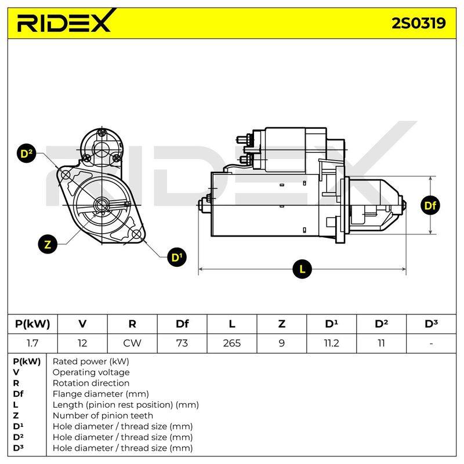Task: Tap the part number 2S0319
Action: pos(418,23)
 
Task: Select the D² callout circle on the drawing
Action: pos(27,154)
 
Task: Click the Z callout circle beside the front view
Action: pos(48,244)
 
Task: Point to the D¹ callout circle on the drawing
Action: pos(177,257)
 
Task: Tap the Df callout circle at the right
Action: pos(430,205)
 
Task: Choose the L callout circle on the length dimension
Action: pos(302,269)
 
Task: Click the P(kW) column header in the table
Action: pos(32,324)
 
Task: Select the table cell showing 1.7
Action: pos(32,343)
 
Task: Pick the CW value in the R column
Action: pos(132,343)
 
